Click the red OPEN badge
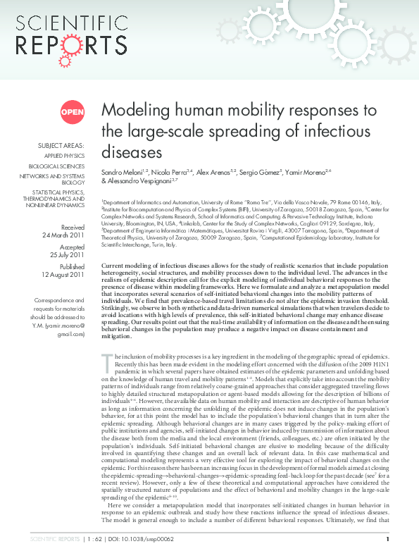click(72, 111)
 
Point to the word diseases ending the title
click(127, 152)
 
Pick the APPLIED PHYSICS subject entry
click(64, 156)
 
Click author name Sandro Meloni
click(123, 172)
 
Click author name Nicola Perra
click(167, 172)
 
